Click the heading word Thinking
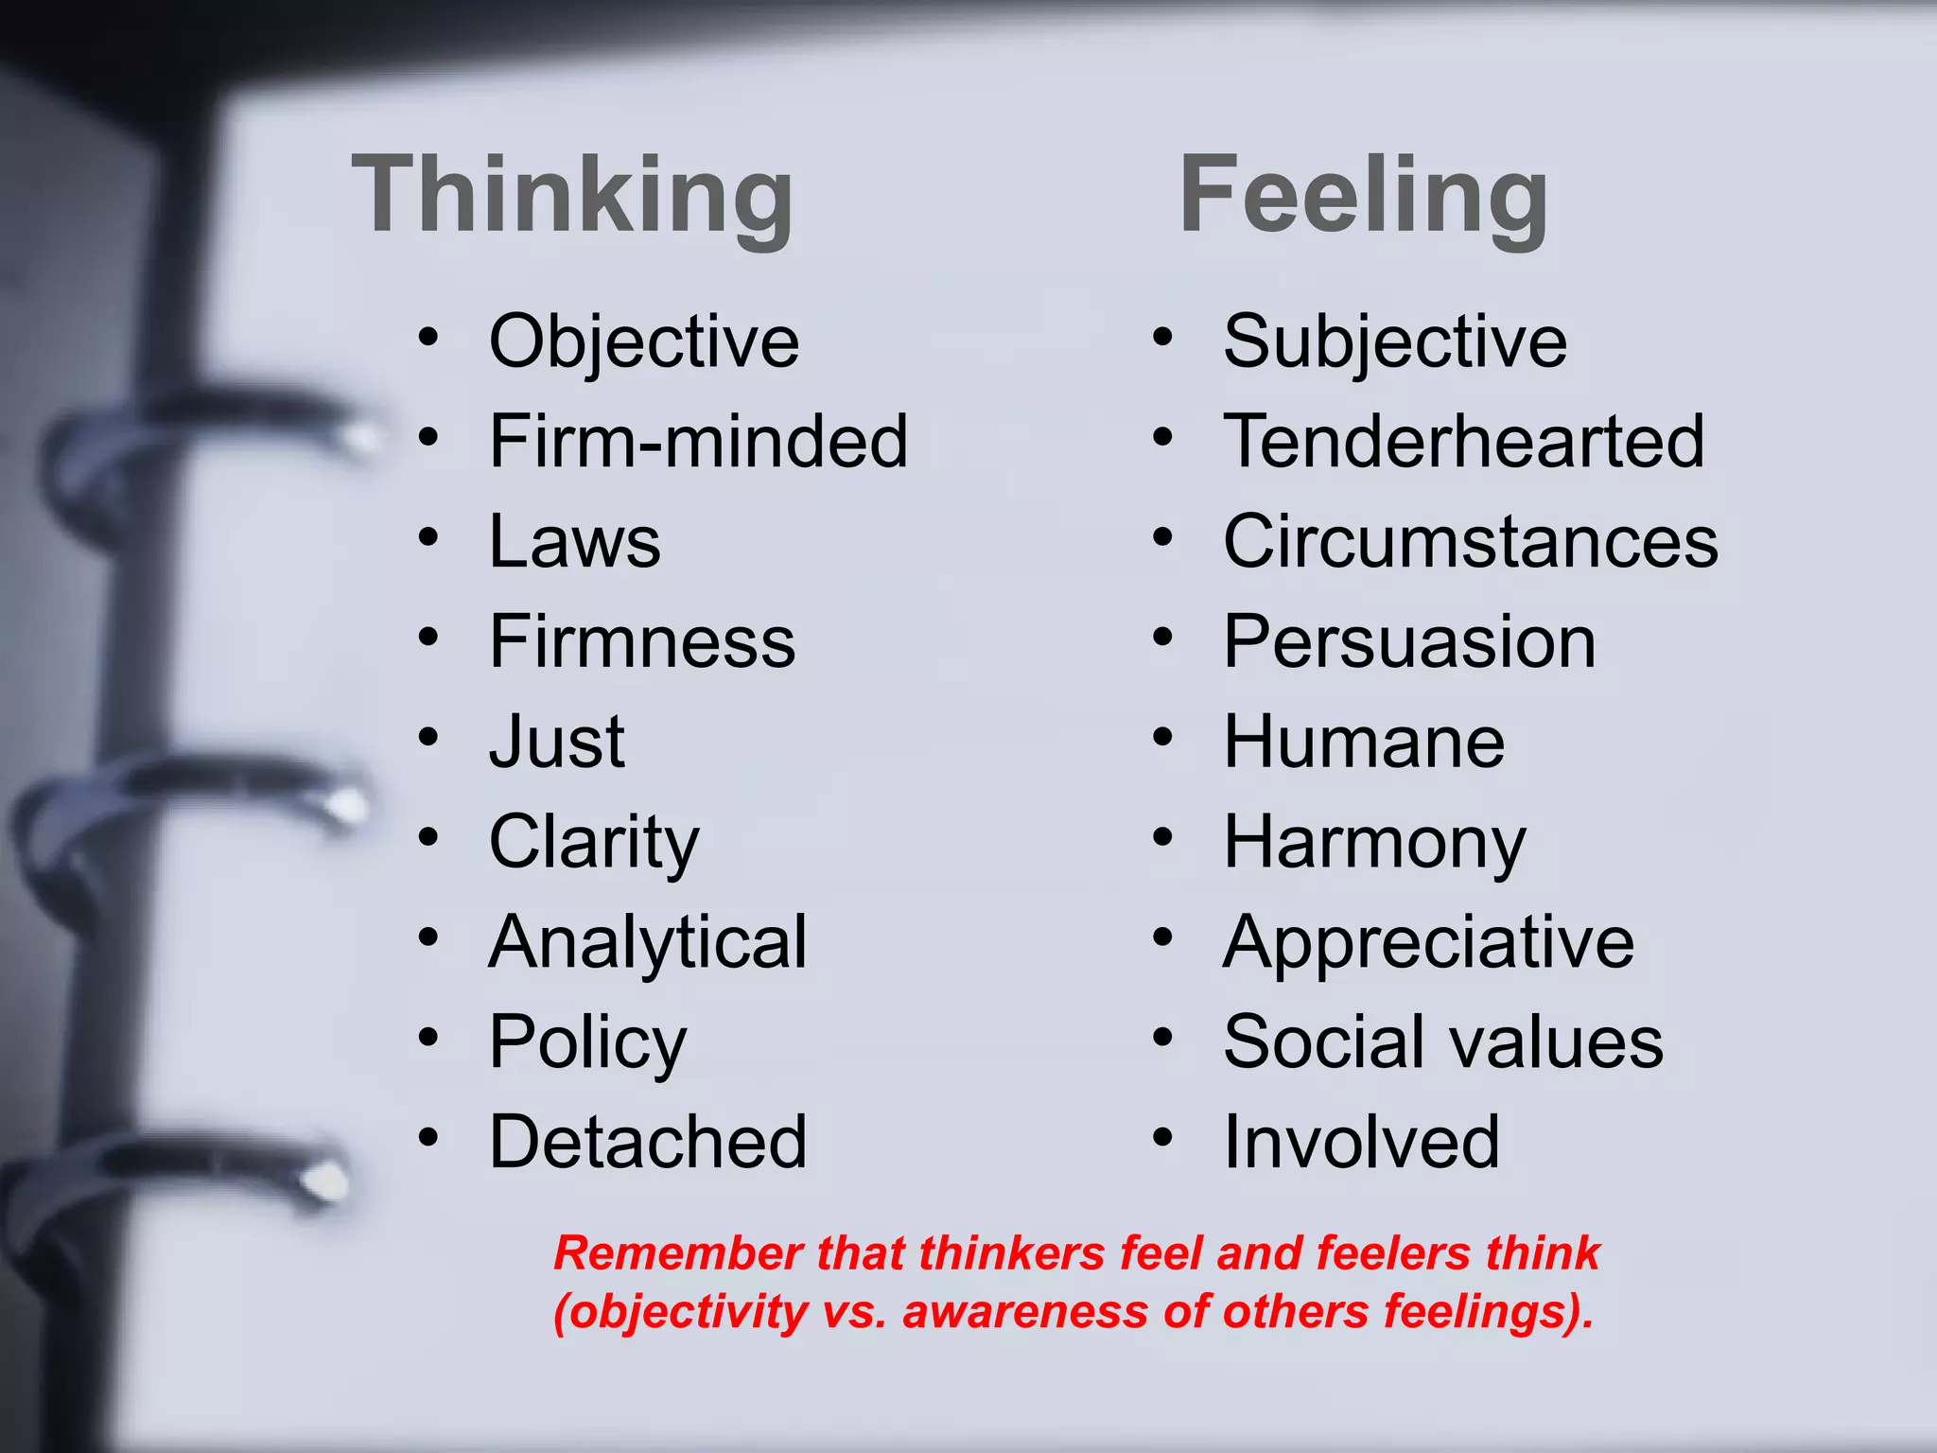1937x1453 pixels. (x=572, y=197)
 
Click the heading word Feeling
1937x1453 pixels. (x=1363, y=197)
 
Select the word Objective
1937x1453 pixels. (x=644, y=342)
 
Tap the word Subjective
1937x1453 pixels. (x=1395, y=342)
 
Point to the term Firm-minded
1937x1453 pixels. (x=698, y=442)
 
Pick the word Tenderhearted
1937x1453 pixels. (x=1464, y=442)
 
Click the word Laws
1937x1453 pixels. (x=575, y=542)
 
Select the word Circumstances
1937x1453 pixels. (x=1471, y=542)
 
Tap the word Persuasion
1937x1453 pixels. (x=1409, y=642)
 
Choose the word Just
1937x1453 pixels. (x=557, y=743)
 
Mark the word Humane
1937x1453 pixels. (x=1364, y=743)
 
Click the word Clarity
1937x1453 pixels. (x=594, y=843)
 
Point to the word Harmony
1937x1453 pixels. (x=1374, y=843)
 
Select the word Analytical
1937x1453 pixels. (x=648, y=943)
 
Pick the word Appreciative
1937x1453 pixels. (x=1428, y=943)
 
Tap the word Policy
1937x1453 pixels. (x=587, y=1043)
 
